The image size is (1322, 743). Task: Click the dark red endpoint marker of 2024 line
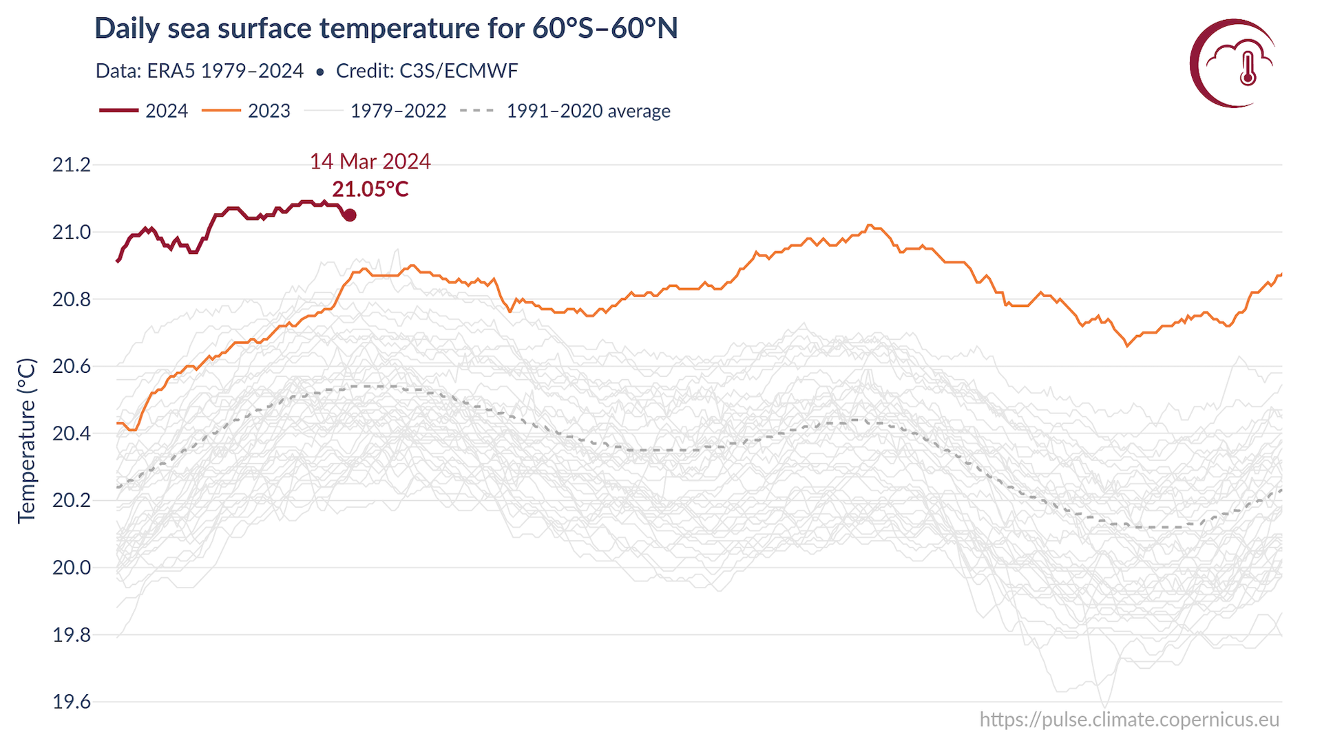click(x=350, y=215)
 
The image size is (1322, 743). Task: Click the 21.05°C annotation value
click(x=370, y=189)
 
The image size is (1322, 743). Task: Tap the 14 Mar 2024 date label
click(x=370, y=161)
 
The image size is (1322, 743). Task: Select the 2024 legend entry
click(x=145, y=111)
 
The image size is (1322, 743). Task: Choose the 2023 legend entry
click(x=246, y=111)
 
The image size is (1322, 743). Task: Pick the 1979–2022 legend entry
click(x=376, y=111)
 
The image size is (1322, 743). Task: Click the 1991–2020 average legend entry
click(x=565, y=111)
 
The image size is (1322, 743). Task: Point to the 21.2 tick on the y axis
click(x=72, y=165)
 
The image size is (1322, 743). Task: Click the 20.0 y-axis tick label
click(x=72, y=568)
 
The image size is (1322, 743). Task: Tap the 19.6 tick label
click(x=72, y=702)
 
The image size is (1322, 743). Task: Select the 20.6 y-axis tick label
click(x=72, y=367)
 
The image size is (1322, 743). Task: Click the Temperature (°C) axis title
click(x=26, y=440)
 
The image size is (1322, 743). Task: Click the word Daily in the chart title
click(x=126, y=29)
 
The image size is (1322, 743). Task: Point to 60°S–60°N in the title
click(x=605, y=29)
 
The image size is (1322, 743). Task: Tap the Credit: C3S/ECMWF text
click(x=427, y=71)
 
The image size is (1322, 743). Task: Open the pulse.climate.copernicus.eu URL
click(x=1129, y=720)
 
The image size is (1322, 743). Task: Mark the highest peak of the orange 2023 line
click(x=870, y=225)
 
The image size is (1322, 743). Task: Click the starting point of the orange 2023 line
click(x=118, y=423)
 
